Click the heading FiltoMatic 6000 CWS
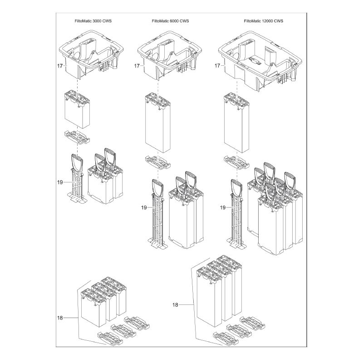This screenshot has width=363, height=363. (x=170, y=21)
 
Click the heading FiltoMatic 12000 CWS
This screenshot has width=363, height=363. (x=263, y=21)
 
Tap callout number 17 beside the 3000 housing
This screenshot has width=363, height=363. (x=60, y=66)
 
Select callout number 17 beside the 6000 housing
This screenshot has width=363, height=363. (x=137, y=66)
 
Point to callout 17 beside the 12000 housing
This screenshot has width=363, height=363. (x=217, y=66)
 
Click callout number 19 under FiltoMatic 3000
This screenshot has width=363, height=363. (x=60, y=182)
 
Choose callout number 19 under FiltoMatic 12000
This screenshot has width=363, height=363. (x=222, y=207)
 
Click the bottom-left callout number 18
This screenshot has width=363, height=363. (x=60, y=318)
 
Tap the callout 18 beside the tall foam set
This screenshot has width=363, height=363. (x=176, y=305)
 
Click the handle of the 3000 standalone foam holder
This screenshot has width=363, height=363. (x=76, y=162)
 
